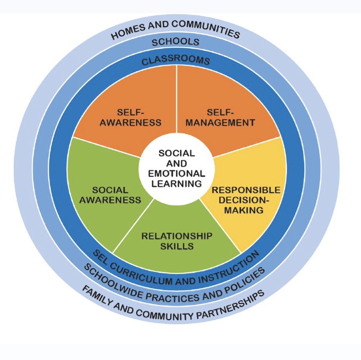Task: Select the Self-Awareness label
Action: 137,116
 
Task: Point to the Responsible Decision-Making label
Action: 245,200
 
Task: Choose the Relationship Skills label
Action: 177,241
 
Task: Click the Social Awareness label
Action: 110,195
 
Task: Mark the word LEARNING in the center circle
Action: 176,183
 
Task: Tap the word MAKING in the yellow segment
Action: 245,210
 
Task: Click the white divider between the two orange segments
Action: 176,101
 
